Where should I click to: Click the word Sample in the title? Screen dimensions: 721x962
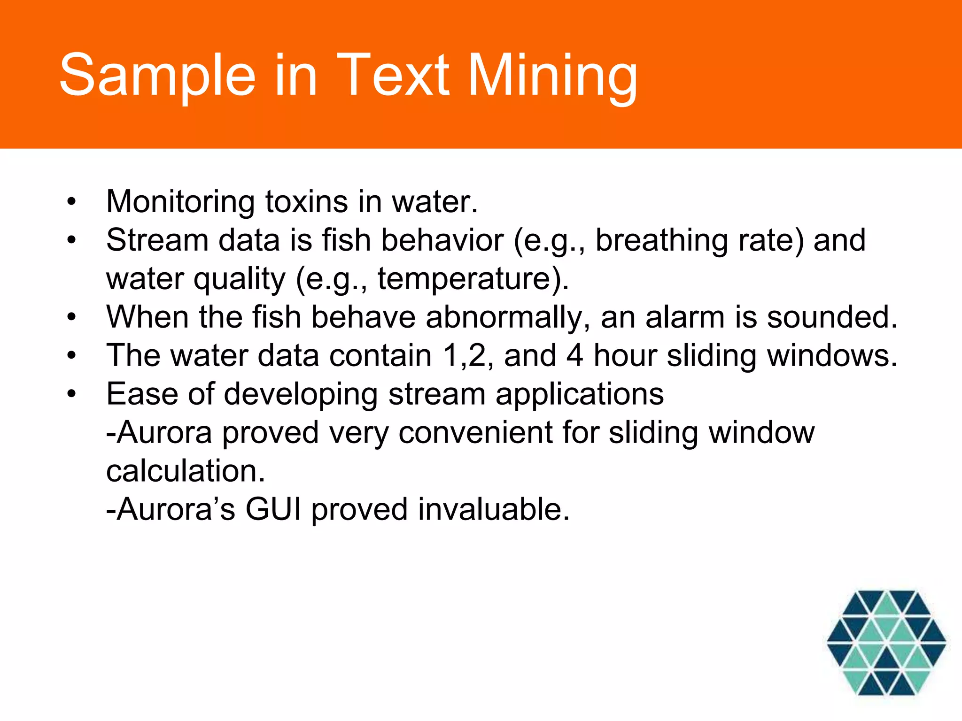[x=157, y=75]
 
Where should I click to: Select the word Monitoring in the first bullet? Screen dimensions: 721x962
[x=180, y=202]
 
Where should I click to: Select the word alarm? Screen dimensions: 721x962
[x=685, y=317]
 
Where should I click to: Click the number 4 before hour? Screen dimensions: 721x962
[x=574, y=355]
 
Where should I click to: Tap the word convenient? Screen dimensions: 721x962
[x=475, y=432]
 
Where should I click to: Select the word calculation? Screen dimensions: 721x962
[x=186, y=471]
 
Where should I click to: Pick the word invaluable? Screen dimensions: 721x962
[x=494, y=509]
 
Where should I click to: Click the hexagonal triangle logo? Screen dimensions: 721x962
[x=886, y=642]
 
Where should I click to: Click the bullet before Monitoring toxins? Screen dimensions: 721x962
[x=71, y=202]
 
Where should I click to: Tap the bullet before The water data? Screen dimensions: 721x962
[x=71, y=356]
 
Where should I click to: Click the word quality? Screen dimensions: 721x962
[x=240, y=279]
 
